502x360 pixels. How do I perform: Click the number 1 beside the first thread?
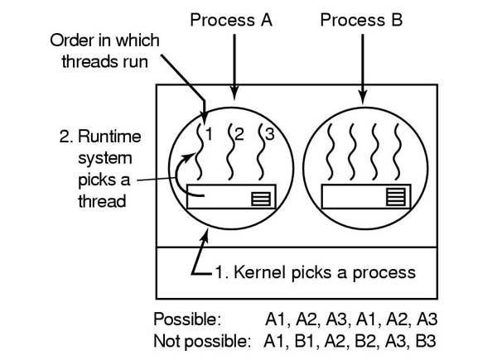(210, 132)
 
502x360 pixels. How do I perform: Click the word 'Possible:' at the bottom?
(187, 319)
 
